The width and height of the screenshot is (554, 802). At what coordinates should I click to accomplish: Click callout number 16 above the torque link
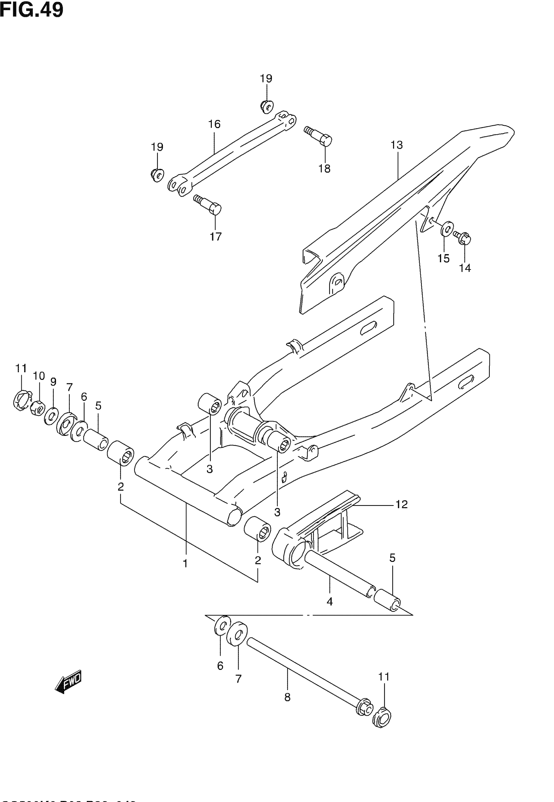point(214,124)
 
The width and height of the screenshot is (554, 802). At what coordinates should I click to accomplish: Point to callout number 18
point(325,169)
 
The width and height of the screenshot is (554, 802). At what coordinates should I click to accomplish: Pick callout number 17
point(215,236)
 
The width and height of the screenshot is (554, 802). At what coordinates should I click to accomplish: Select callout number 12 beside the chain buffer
point(401,504)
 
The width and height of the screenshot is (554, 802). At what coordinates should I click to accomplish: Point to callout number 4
point(329,601)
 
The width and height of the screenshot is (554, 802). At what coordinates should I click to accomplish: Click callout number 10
point(39,376)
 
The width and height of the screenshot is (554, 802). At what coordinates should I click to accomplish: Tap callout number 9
point(53,382)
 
